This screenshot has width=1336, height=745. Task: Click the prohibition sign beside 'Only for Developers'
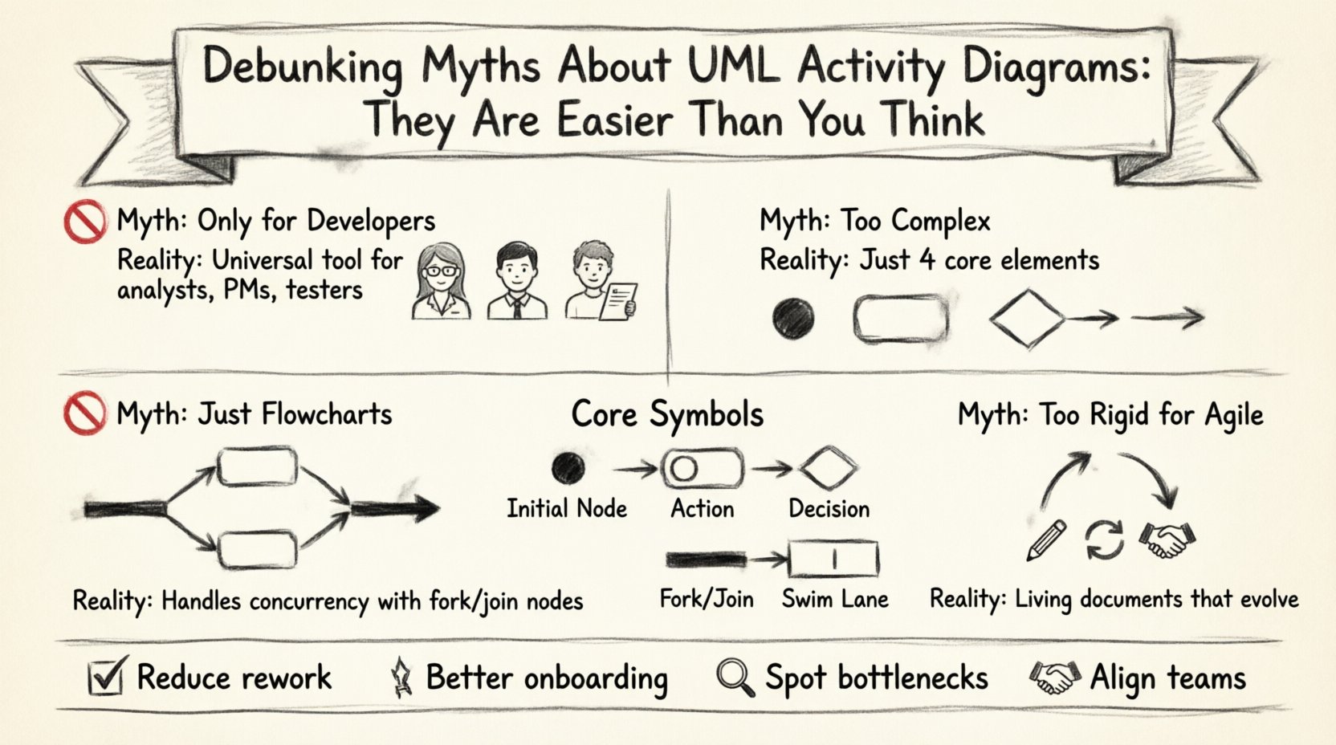pyautogui.click(x=84, y=221)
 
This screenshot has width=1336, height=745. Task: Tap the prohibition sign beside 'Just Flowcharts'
pyautogui.click(x=84, y=413)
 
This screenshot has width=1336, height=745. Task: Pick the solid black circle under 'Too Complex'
pyautogui.click(x=793, y=317)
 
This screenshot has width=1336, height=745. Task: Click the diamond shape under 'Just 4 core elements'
pyautogui.click(x=1027, y=319)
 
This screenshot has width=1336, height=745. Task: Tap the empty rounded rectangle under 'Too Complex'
pyautogui.click(x=900, y=319)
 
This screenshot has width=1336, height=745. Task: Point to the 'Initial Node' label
pyautogui.click(x=567, y=508)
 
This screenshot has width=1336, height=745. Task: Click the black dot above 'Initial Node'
pyautogui.click(x=568, y=468)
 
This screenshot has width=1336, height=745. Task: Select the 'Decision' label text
pyautogui.click(x=829, y=508)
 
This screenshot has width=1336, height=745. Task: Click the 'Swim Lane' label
pyautogui.click(x=835, y=599)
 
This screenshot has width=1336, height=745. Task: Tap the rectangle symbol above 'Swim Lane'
pyautogui.click(x=834, y=560)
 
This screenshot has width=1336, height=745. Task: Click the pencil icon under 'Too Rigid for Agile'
pyautogui.click(x=1047, y=539)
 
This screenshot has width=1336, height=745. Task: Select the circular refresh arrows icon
pyautogui.click(x=1105, y=539)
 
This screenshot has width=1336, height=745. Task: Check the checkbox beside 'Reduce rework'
pyautogui.click(x=105, y=676)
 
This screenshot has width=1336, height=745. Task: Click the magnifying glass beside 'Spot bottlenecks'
pyautogui.click(x=735, y=678)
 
